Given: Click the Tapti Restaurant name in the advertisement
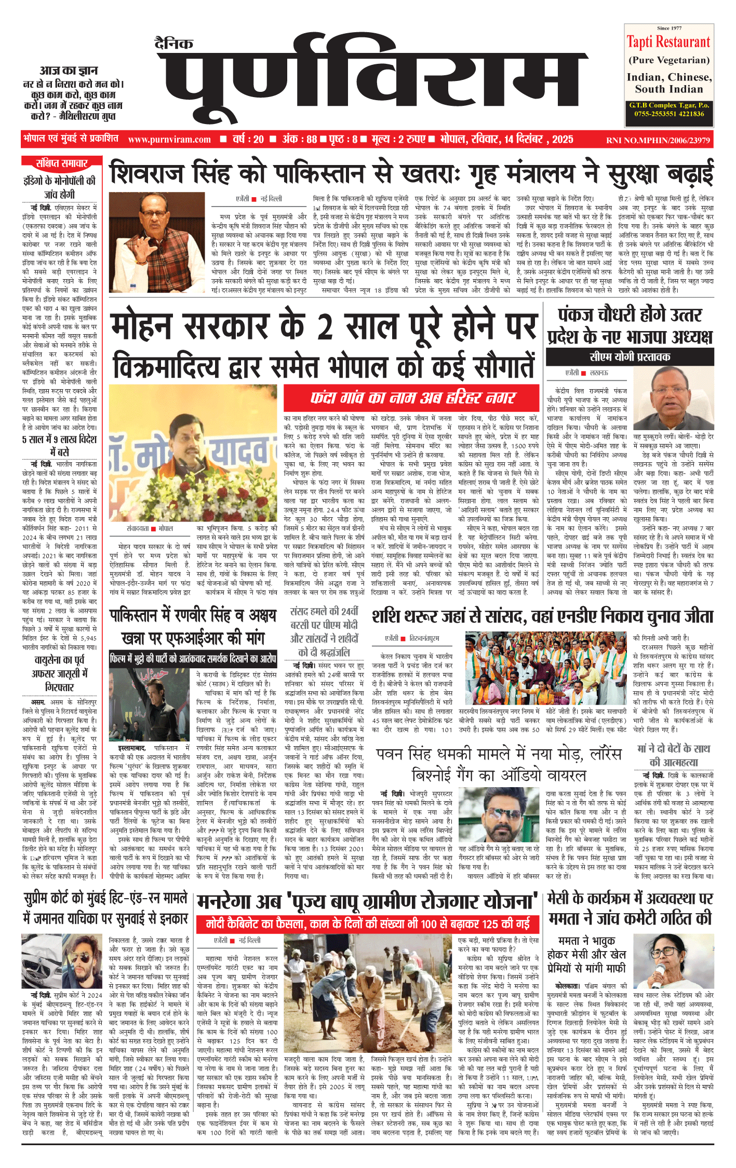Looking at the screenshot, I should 668,42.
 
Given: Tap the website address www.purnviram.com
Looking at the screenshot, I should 169,140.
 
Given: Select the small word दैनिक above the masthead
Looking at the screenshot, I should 174,44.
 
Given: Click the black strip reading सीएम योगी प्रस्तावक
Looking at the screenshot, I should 630,356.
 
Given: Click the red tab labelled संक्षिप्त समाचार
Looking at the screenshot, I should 61,163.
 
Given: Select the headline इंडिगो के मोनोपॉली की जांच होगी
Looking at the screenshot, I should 60,187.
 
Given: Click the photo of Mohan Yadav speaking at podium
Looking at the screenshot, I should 196,467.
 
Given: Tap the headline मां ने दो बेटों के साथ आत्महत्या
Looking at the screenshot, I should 673,755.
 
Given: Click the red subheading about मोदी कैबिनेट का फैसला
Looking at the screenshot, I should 368,924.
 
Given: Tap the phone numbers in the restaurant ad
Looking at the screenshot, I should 669,114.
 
